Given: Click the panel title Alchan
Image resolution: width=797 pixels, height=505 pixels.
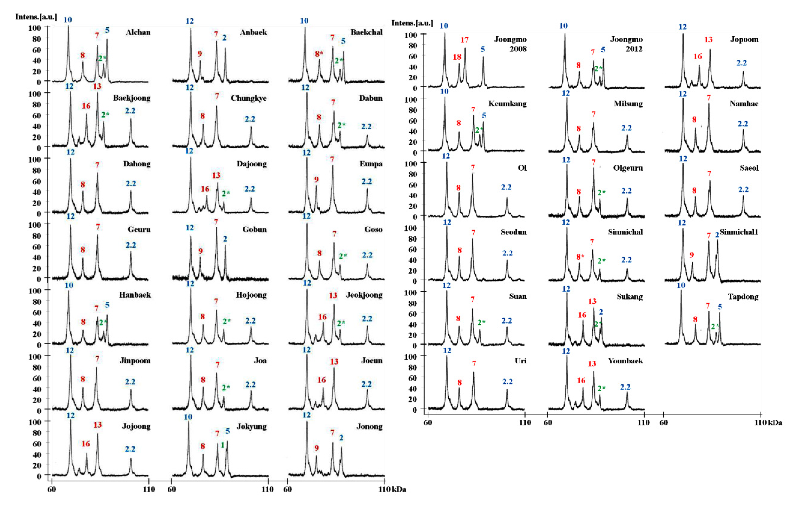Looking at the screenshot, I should point(138,32).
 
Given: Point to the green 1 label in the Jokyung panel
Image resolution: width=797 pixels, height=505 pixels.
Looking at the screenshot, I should point(222,445).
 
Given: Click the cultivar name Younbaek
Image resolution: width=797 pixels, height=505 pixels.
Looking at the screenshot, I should point(625,361).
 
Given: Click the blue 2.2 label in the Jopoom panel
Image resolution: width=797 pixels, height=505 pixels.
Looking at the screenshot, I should point(741,63).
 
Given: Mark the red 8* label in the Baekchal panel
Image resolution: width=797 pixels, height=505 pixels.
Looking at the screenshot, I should point(319,54).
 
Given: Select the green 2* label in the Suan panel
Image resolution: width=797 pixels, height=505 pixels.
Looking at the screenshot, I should point(481,322).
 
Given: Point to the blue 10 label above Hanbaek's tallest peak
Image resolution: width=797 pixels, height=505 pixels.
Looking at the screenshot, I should point(69,285).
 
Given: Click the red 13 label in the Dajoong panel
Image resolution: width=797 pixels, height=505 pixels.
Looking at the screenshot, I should point(216,175).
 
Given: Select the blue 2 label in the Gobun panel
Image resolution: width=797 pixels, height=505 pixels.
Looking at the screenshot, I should point(225,239).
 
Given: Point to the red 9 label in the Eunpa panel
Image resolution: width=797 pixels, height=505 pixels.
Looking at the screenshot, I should point(316,179).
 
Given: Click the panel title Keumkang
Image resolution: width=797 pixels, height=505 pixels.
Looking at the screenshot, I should point(507,104).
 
